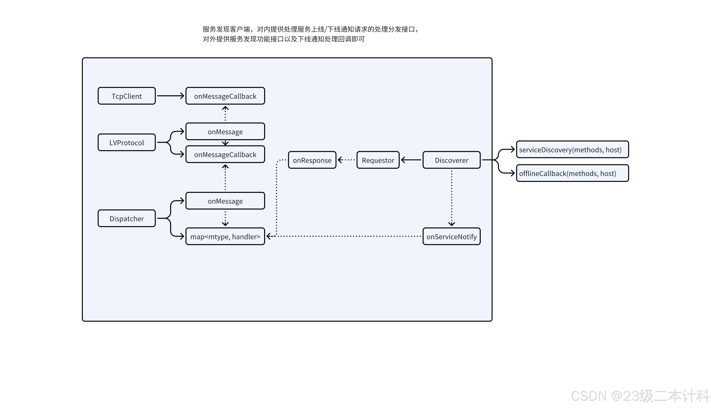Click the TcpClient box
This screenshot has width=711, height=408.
[127, 96]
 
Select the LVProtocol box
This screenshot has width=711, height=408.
[127, 143]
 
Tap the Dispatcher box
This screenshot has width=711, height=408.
[127, 219]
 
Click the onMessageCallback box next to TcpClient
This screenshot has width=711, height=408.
[225, 96]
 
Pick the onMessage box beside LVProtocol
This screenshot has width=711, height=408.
[225, 132]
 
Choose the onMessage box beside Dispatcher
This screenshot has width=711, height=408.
[225, 201]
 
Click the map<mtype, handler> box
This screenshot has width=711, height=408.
[225, 237]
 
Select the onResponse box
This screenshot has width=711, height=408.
[312, 160]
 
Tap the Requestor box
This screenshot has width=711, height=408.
[378, 160]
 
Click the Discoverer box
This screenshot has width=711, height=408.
[451, 160]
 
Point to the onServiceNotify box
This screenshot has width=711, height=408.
[451, 237]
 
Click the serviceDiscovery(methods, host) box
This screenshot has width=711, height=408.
[572, 150]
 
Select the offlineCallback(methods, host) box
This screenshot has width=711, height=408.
[572, 173]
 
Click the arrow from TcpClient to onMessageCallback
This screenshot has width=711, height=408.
[170, 96]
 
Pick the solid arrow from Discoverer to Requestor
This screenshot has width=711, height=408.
[411, 160]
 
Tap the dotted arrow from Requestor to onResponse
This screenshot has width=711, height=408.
[346, 160]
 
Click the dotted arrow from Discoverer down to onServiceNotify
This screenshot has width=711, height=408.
[452, 198]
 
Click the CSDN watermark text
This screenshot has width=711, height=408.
[640, 396]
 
